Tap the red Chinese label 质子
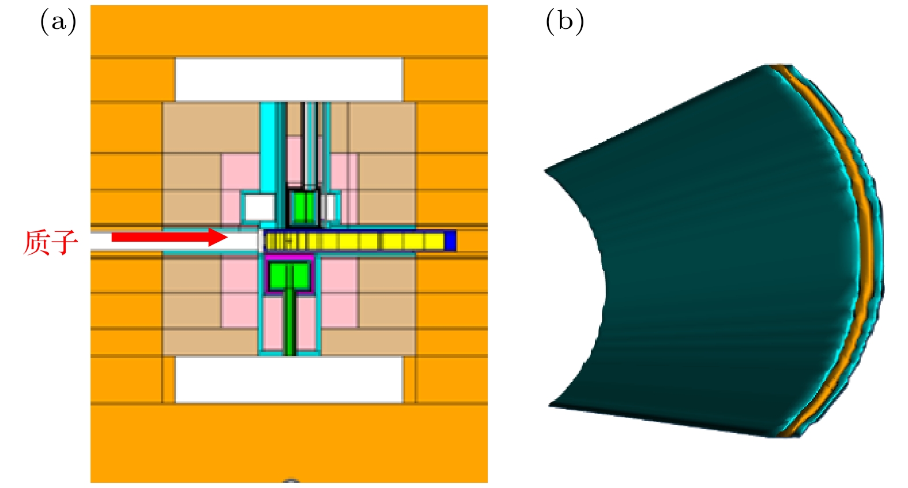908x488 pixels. point(50,242)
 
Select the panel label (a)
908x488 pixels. point(58,22)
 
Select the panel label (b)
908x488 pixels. point(564,22)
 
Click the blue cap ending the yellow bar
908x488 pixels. point(451,241)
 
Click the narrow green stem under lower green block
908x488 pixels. point(290,323)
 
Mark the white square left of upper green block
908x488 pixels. point(259,208)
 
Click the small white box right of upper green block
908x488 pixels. point(329,208)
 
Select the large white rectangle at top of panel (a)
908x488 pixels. point(289,79)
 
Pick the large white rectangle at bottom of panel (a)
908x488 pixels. point(289,380)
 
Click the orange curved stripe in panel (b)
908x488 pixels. point(859,231)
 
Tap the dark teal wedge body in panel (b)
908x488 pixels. point(721,260)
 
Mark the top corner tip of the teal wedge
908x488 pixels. point(767,67)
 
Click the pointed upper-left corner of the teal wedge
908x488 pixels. point(546,170)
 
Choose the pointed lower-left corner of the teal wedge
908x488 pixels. point(551,406)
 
